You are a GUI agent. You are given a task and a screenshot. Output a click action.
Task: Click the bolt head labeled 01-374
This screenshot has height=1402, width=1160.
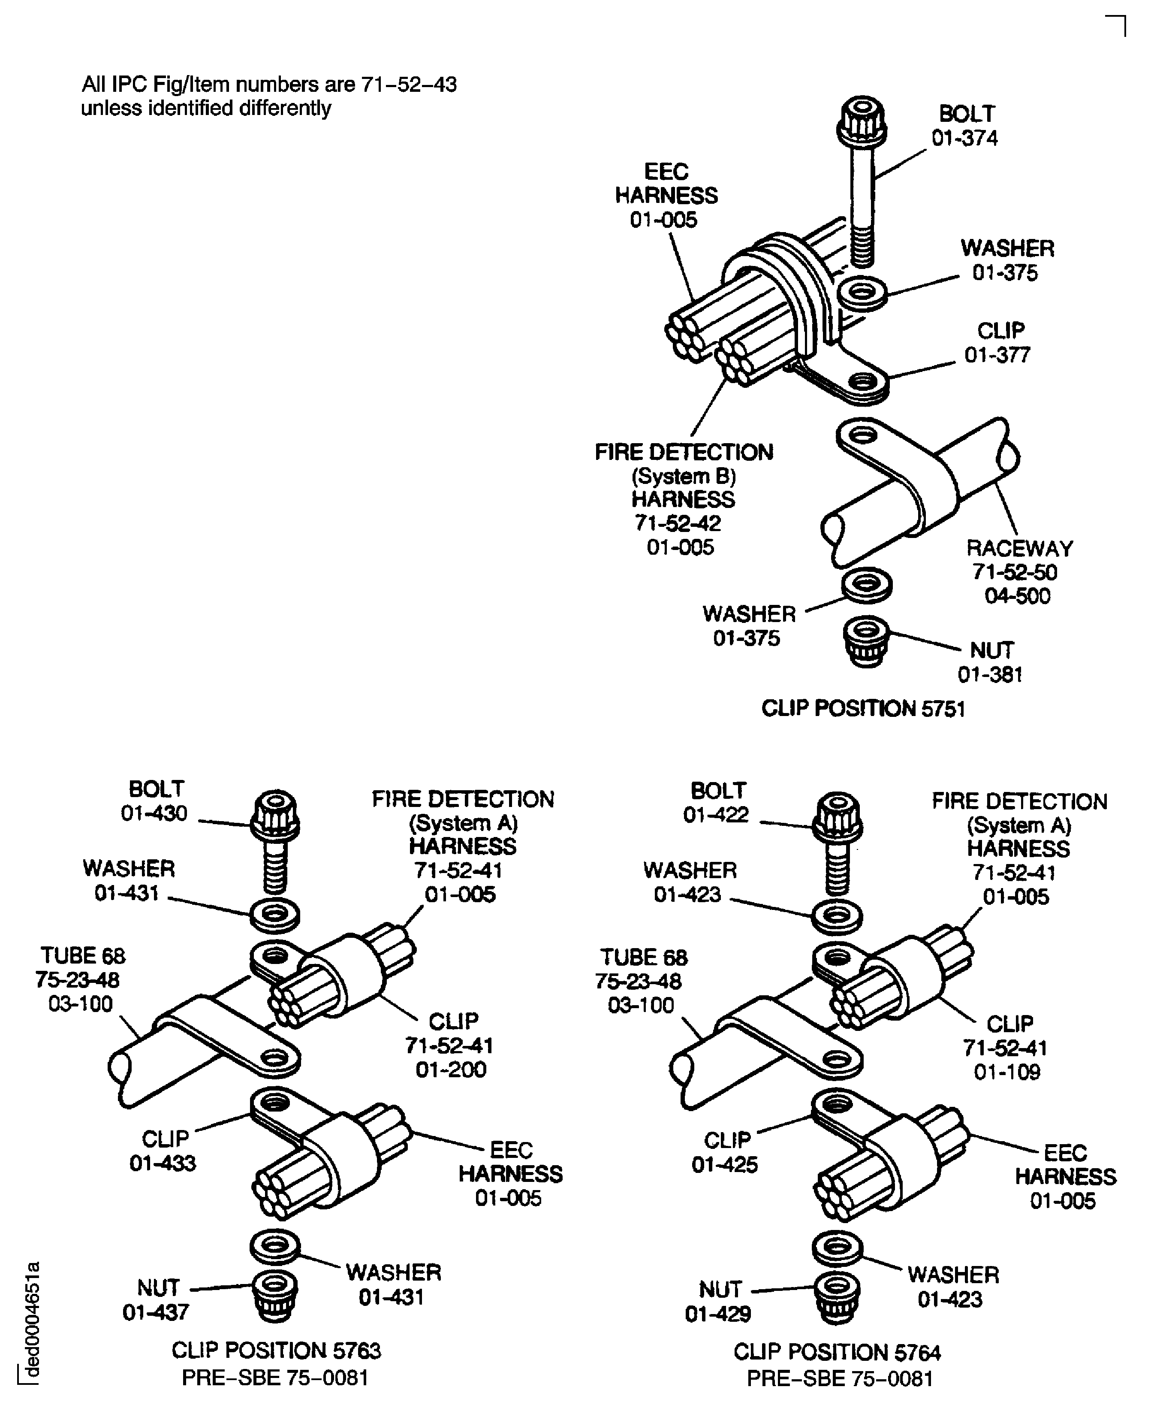tap(862, 122)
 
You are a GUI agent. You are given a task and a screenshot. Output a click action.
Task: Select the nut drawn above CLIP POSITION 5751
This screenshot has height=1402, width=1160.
tap(865, 641)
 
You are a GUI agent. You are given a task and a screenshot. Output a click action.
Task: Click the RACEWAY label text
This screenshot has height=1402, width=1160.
tap(1019, 548)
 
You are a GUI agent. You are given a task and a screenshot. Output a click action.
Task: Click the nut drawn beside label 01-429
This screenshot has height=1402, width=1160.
tap(837, 1297)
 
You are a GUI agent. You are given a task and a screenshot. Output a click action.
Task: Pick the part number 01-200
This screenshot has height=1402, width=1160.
tap(451, 1070)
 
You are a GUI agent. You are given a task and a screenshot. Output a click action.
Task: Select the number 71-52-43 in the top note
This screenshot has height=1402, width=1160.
tap(409, 85)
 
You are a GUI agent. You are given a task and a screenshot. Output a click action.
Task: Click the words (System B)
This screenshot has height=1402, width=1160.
tap(684, 476)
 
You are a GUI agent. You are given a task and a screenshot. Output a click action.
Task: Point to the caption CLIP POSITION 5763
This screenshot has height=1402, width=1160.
tap(276, 1350)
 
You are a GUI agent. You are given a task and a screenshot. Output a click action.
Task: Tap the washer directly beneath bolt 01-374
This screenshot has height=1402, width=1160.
tap(862, 293)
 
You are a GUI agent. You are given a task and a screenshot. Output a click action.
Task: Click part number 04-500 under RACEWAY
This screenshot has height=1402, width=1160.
tap(1017, 595)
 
